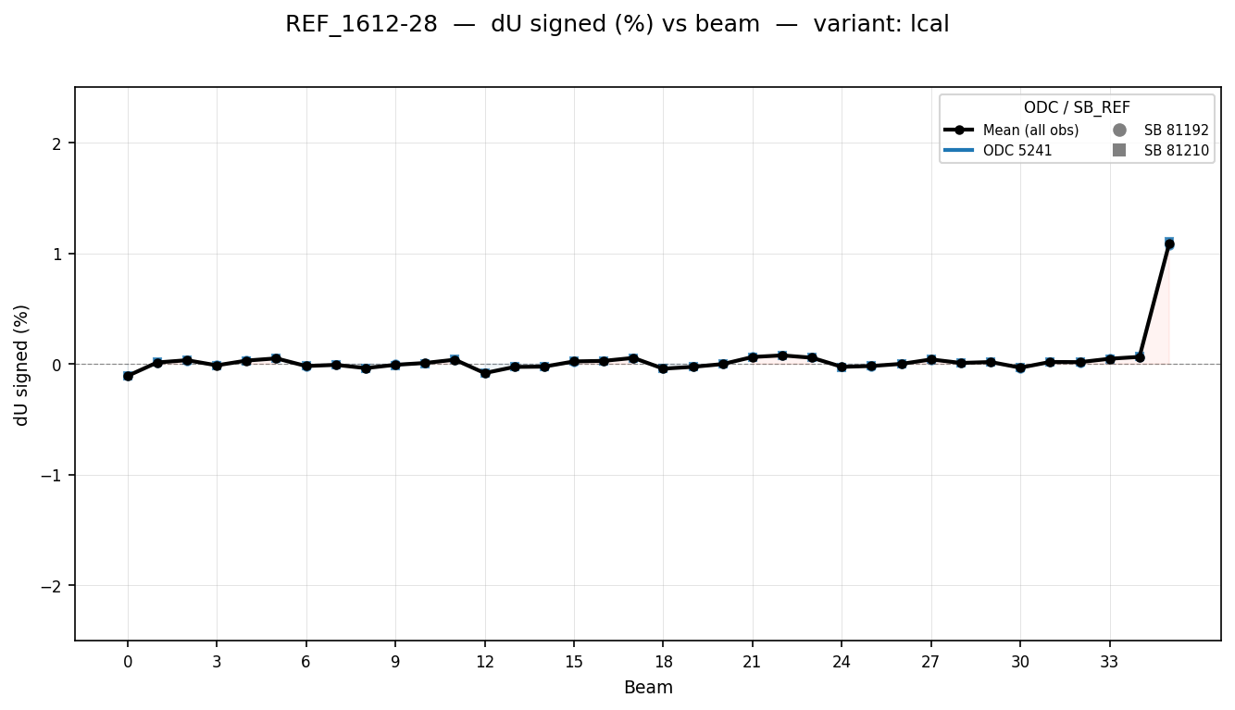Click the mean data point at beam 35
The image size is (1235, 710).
[1169, 244]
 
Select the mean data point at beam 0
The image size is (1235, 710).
[128, 376]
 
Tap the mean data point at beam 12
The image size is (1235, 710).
[485, 373]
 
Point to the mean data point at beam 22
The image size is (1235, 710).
[782, 355]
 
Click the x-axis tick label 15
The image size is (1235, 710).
[574, 662]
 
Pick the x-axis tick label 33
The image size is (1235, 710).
[1109, 662]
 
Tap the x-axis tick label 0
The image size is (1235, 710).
[128, 662]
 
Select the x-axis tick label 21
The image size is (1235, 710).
[753, 662]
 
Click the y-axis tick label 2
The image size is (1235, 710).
[57, 143]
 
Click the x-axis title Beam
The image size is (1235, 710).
[648, 688]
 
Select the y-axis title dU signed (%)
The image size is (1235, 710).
[22, 365]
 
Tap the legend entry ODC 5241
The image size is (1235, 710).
[1017, 151]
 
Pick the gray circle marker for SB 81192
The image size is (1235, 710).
[1119, 131]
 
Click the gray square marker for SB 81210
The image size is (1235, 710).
[1119, 151]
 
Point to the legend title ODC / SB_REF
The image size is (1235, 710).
[1077, 108]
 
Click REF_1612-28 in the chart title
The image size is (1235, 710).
[361, 25]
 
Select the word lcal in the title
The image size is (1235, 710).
[929, 25]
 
